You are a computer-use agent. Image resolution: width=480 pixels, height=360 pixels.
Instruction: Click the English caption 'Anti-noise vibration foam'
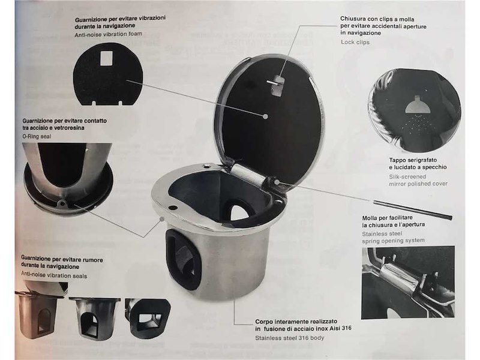pyautogui.click(x=109, y=34)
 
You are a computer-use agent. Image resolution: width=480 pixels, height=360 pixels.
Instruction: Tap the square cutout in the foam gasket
pyautogui.click(x=107, y=58)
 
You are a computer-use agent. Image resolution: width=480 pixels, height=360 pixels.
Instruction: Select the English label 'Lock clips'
pyautogui.click(x=355, y=42)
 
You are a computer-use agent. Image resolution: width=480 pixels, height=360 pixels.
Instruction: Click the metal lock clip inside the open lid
pyautogui.click(x=275, y=85)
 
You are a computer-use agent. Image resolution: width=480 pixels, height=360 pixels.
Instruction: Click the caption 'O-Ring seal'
pyautogui.click(x=37, y=136)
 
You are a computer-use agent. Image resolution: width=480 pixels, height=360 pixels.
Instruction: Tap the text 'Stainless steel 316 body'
pyautogui.click(x=290, y=338)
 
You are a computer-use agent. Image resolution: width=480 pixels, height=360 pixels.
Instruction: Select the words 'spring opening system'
pyautogui.click(x=393, y=241)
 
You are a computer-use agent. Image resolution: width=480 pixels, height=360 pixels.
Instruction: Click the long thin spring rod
pyautogui.click(x=412, y=209)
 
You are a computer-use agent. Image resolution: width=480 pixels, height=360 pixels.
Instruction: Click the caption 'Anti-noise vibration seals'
pyautogui.click(x=54, y=275)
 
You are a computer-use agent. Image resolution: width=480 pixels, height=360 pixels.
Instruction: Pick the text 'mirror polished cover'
pyautogui.click(x=418, y=184)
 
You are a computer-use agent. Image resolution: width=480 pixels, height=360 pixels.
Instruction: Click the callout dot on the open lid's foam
pyautogui.click(x=266, y=116)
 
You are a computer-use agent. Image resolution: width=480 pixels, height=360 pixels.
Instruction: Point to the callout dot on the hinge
pyautogui.click(x=277, y=182)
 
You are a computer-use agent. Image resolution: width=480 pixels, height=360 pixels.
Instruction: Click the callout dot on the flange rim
pyautogui.click(x=162, y=218)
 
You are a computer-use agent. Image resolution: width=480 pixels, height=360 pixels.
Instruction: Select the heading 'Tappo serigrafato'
pyautogui.click(x=413, y=160)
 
